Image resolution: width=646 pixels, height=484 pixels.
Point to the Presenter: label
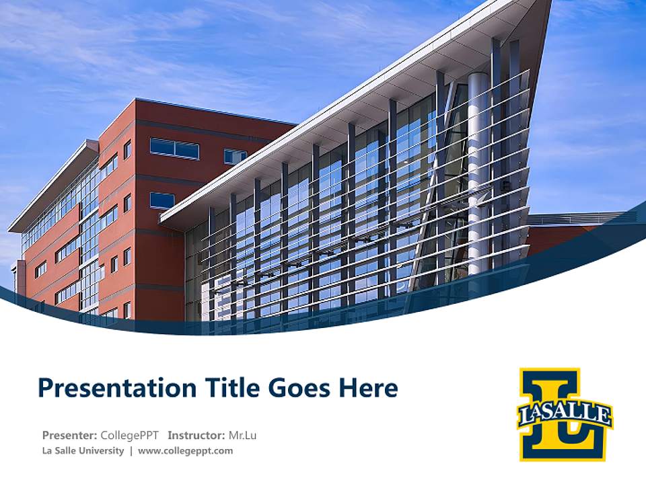(69, 435)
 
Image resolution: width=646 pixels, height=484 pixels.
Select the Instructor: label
(196, 435)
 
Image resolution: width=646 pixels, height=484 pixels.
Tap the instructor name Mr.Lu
(242, 435)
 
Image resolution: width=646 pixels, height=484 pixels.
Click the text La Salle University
(83, 450)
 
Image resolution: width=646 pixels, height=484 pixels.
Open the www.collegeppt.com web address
(185, 450)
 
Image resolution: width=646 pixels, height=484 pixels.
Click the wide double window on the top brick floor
(174, 149)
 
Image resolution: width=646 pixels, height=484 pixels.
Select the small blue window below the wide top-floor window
(162, 200)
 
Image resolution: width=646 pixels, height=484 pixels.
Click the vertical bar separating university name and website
(131, 450)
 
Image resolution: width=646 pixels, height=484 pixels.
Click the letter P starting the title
(45, 388)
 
